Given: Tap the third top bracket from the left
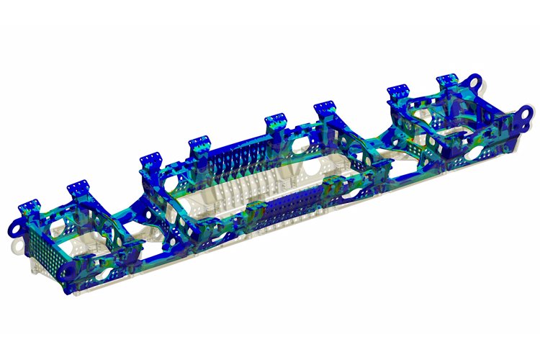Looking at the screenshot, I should (150, 160).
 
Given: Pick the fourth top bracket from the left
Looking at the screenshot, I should (199, 145).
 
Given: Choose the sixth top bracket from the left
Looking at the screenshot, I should (323, 110).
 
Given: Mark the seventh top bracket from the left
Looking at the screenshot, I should (398, 91).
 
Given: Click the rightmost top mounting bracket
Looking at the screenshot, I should (449, 81).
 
